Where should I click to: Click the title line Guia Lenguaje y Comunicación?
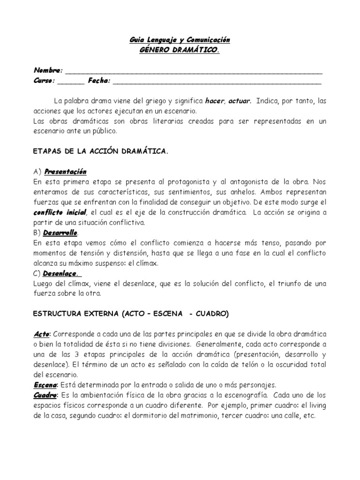[x=180, y=41]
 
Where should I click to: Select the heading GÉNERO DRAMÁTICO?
[x=180, y=50]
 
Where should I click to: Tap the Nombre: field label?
[x=48, y=70]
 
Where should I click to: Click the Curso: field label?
[x=45, y=81]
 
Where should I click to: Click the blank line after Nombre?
[x=194, y=71]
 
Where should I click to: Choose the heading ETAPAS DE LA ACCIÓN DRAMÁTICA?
[x=101, y=152]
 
